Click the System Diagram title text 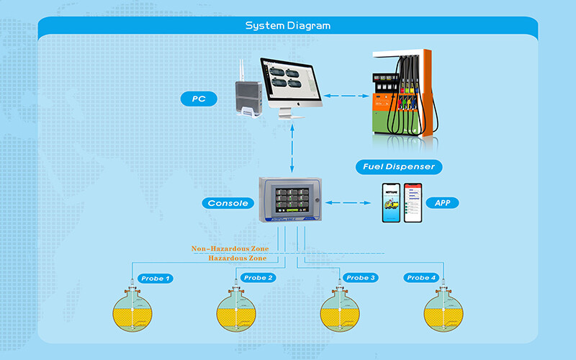click(x=288, y=26)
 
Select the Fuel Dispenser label click(x=398, y=167)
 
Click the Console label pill click(x=228, y=203)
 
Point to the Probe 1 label click(x=156, y=278)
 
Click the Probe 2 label click(x=258, y=278)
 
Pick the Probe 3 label click(x=361, y=278)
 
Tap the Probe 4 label click(x=421, y=278)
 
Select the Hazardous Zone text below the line click(x=237, y=258)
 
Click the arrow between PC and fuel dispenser click(x=341, y=96)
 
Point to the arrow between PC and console click(x=291, y=148)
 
